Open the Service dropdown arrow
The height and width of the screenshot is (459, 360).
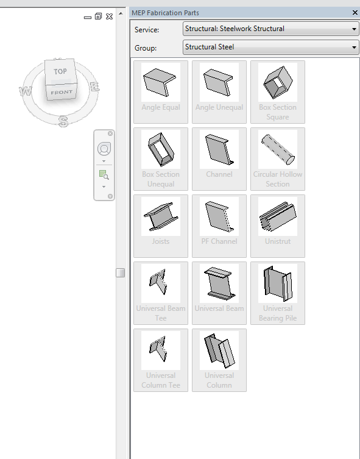354,29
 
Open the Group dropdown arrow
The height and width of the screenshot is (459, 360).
354,47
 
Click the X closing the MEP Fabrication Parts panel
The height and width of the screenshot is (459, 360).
355,13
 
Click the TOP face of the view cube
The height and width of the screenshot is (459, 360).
60,71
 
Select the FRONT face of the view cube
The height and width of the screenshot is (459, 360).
62,92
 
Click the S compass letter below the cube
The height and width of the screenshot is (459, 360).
62,121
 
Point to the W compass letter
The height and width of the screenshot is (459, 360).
26,91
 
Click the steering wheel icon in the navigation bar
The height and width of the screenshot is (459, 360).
104,149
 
